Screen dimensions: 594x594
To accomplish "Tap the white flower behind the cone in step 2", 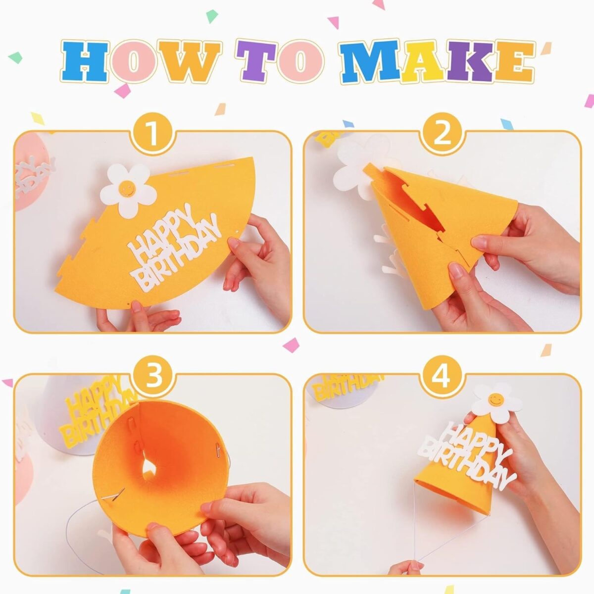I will [351, 171].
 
